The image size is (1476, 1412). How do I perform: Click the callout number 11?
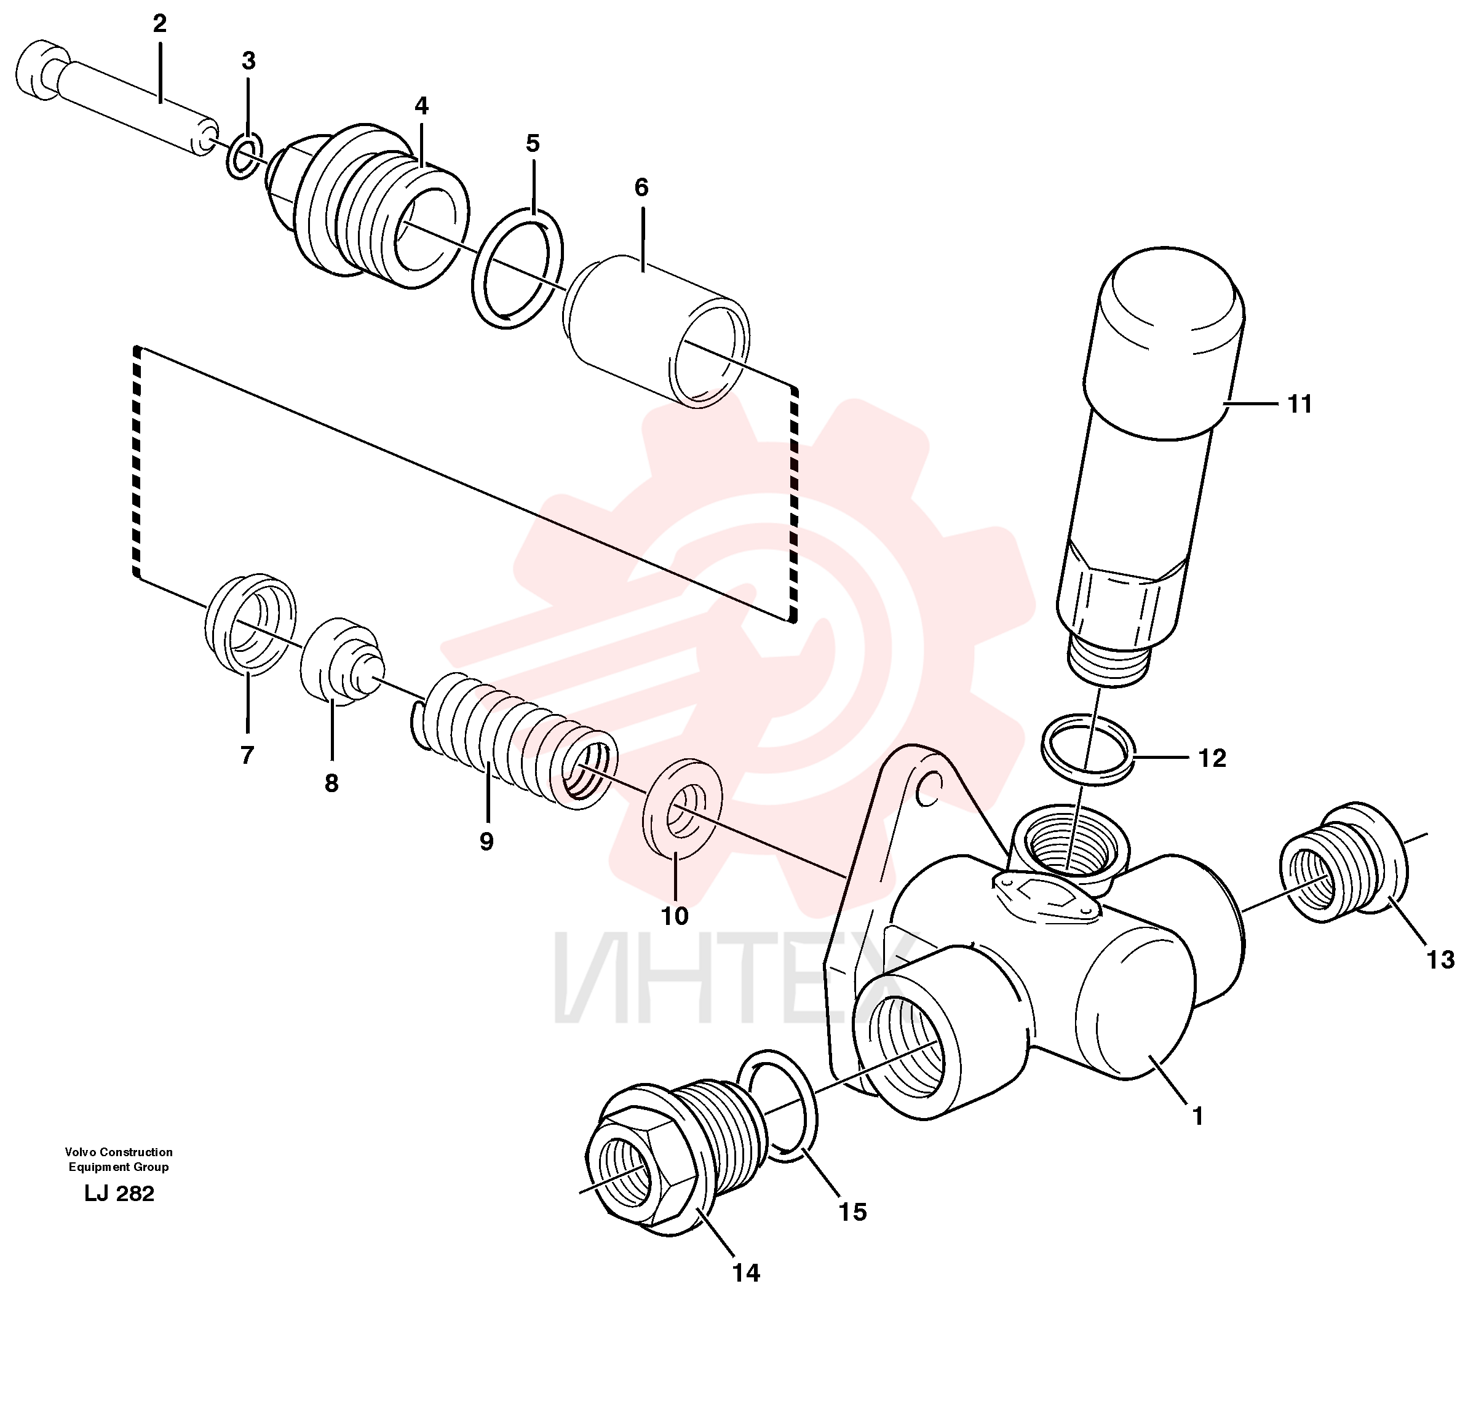point(1300,404)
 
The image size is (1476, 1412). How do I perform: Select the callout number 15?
point(853,1212)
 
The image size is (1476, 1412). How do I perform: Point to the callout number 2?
point(159,24)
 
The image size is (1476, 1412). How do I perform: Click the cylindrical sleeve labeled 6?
point(656,331)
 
